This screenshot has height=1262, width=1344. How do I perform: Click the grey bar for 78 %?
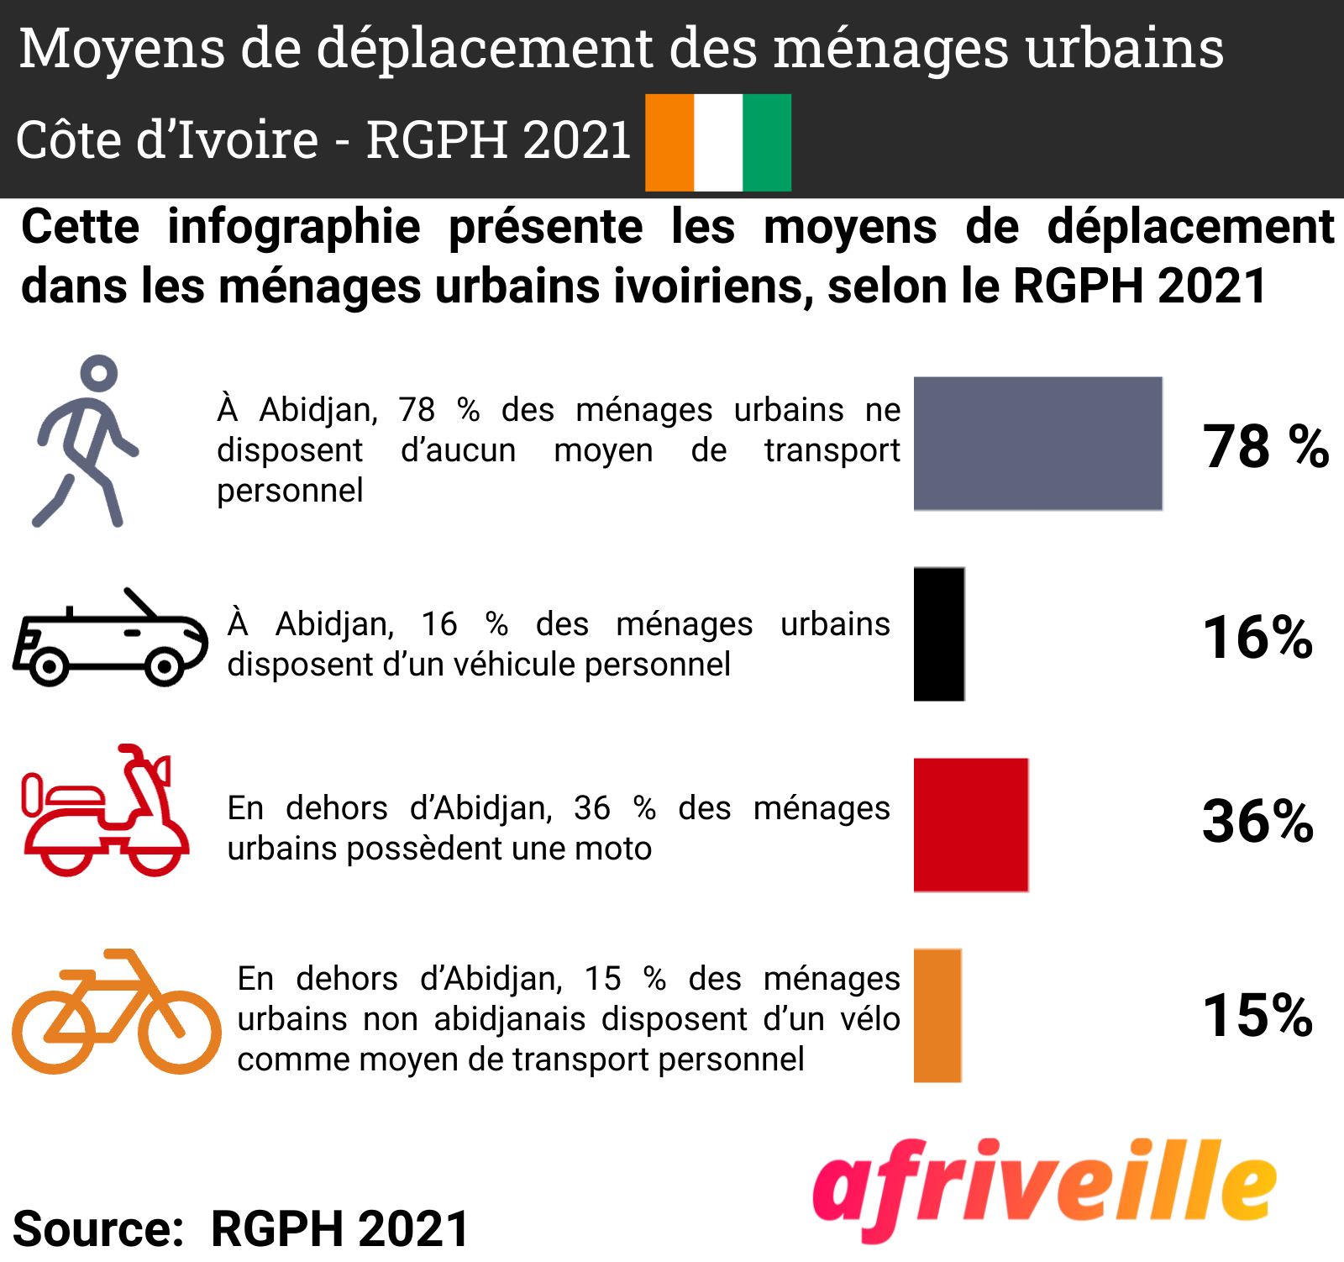[x=1037, y=444]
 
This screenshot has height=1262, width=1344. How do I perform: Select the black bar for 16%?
[x=939, y=634]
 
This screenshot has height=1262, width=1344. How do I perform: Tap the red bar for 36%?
[x=970, y=824]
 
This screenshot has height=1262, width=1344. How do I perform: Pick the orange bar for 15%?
[x=937, y=1015]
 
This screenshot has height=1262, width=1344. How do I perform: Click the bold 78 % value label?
[x=1265, y=446]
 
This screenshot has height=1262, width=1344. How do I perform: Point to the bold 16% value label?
[x=1257, y=637]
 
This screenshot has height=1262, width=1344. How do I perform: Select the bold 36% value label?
[x=1257, y=821]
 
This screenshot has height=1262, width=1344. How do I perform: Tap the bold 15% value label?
[x=1257, y=1015]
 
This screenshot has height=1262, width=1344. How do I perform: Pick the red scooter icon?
[x=105, y=812]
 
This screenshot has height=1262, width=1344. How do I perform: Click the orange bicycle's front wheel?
[x=179, y=1032]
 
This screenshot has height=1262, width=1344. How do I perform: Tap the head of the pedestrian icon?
[x=99, y=372]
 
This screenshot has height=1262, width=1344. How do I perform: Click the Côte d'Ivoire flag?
[x=718, y=142]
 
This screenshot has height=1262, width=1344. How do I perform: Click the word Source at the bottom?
[x=98, y=1228]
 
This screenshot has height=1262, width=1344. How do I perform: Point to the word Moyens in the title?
[x=123, y=48]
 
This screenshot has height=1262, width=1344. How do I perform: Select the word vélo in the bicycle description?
[x=870, y=1019]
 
